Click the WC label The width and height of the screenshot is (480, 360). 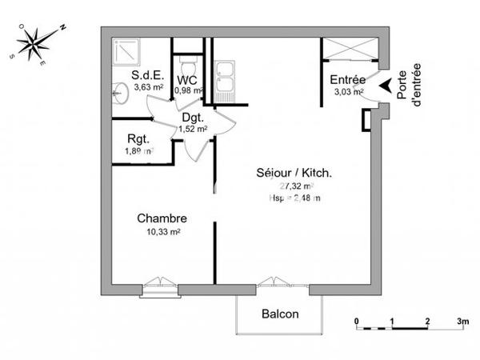tap(187, 80)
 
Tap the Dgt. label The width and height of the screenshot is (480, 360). tap(193, 118)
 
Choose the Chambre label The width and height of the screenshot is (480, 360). tap(162, 218)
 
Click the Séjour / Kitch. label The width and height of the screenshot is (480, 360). tap(294, 173)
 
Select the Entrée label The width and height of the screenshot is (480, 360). tap(347, 80)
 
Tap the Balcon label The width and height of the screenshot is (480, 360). tap(280, 314)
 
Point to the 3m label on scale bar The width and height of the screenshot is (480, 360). tap(462, 321)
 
